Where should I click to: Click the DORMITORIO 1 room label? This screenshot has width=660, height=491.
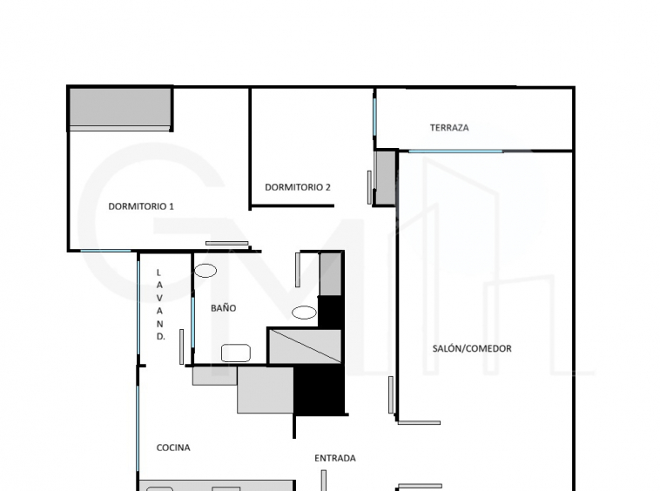coord(141,206)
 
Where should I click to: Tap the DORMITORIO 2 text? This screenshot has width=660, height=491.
coord(298,187)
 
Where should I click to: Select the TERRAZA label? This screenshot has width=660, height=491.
coord(449,127)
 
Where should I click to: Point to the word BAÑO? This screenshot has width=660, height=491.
coord(223,307)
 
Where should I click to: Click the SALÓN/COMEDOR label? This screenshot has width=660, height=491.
coord(472,348)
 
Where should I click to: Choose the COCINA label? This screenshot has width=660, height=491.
coord(173,447)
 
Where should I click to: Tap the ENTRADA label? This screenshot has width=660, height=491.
coord(335,458)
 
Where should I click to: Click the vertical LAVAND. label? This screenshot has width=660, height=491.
coord(159,305)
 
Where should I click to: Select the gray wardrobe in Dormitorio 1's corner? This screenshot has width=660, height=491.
coord(120,108)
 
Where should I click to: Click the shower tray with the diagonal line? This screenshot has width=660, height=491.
coord(305,346)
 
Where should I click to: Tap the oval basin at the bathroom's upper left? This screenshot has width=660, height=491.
coord(205,271)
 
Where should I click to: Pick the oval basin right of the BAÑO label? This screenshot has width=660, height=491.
coord(305,313)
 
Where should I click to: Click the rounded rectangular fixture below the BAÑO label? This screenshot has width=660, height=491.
coord(236,353)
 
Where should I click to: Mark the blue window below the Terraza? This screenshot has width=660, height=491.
coord(455,151)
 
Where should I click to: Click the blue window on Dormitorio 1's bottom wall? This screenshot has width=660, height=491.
coord(105,251)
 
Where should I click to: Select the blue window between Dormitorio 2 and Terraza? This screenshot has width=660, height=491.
coord(374,118)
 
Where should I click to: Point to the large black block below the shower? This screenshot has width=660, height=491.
coord(319,389)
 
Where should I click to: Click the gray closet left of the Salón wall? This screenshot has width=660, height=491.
coord(385,178)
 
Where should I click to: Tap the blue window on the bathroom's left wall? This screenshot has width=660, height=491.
coord(192,322)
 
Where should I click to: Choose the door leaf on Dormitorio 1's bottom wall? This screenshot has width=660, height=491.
coord(227,243)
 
